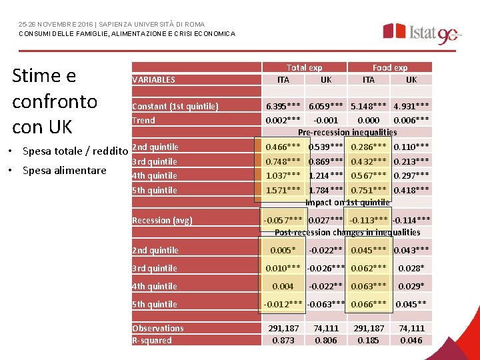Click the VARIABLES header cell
pos(154,79)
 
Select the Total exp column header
pos(304,67)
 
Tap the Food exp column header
pos(390,67)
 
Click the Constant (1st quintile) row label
pos(175,107)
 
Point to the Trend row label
pos(143,121)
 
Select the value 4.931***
pos(411,107)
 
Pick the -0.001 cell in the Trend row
pos(325,121)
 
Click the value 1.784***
pos(325,190)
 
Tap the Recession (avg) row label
pos(162,221)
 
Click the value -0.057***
pos(283,220)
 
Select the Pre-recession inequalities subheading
pos(347,132)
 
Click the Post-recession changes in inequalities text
pos(347,232)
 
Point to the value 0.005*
pos(283,251)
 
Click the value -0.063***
pos(325,305)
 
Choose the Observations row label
pos(158,328)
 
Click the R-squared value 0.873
pos(283,340)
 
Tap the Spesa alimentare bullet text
pos(65,170)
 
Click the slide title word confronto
pos(55,101)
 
